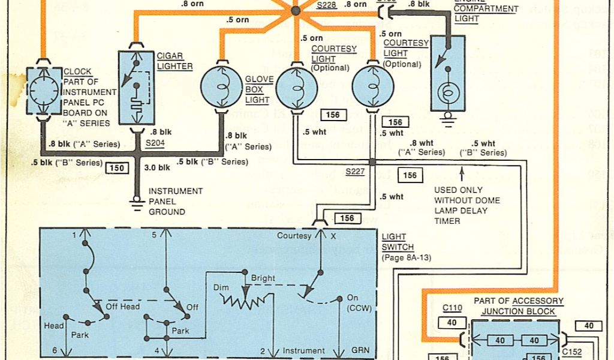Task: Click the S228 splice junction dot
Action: tap(295, 11)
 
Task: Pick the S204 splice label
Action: tap(155, 145)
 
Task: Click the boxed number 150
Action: tap(117, 168)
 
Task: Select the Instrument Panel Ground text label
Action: tap(167, 201)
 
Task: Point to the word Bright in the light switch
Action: tap(263, 279)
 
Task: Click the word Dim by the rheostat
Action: tap(221, 288)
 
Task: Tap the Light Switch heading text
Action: tap(393, 241)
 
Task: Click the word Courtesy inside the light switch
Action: tap(294, 236)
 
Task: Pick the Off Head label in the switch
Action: tap(122, 307)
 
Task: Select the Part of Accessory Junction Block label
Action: tap(519, 305)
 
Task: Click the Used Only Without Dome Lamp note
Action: tap(467, 206)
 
